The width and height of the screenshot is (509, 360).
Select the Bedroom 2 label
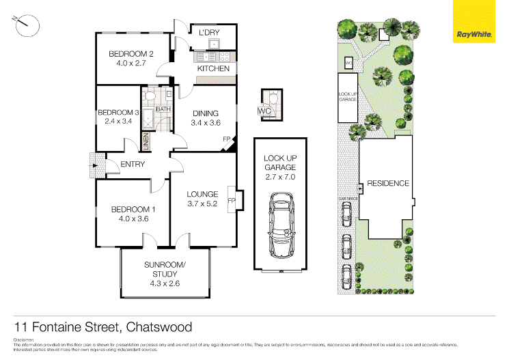pos(131,54)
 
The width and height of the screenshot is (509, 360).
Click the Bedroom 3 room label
pos(118,113)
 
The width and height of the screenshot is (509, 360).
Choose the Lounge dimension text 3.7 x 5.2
pos(202,203)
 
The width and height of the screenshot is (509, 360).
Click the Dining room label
pos(205,113)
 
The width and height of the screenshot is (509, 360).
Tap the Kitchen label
pos(213,69)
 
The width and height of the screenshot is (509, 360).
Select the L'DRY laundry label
pos(209,32)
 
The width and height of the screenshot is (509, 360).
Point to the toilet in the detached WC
pos(272,100)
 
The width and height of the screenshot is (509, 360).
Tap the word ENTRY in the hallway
pos(132,164)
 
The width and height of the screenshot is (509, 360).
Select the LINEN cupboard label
pos(146,142)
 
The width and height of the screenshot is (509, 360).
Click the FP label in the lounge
pos(231,201)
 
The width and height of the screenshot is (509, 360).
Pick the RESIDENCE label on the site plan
pos(387,183)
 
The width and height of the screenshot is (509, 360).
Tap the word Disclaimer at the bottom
pos(25,340)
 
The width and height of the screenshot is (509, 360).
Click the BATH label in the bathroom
pos(163,109)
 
